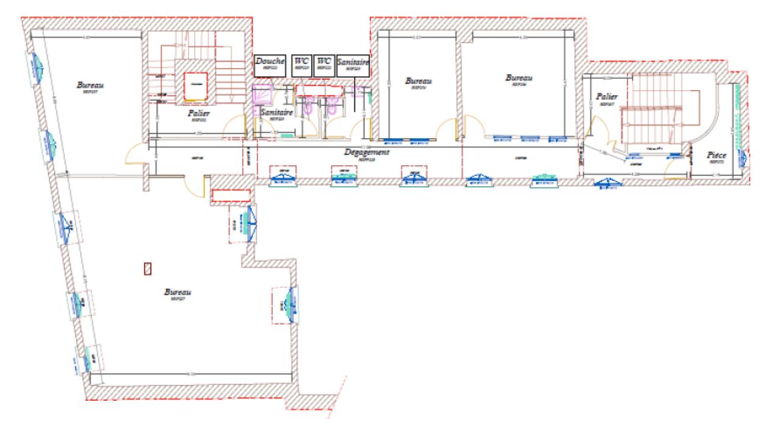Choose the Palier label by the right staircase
[607, 97]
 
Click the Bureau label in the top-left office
[89, 86]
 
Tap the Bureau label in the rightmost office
[519, 79]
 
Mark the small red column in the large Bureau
[147, 267]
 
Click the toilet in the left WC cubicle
[309, 108]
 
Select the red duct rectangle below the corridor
[231, 195]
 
